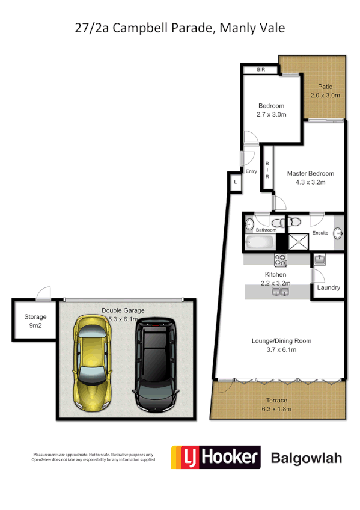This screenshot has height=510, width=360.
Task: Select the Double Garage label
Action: (x=123, y=310)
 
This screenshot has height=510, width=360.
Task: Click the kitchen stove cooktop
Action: (x=281, y=260)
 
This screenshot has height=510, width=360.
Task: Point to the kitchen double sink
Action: (x=281, y=292)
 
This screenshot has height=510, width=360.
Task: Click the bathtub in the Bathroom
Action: (x=260, y=244)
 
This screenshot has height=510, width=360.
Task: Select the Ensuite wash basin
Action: (x=338, y=232)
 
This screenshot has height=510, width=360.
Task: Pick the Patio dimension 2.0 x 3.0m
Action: (x=325, y=96)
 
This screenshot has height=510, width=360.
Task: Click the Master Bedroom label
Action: (x=310, y=174)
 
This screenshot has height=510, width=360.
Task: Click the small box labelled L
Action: (x=235, y=182)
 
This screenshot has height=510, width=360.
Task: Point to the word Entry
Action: (x=251, y=171)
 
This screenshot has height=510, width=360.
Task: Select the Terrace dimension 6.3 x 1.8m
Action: (x=278, y=409)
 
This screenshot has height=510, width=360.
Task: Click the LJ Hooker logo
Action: (x=216, y=458)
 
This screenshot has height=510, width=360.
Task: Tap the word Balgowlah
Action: (x=307, y=458)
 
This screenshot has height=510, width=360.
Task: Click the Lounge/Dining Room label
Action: (x=281, y=341)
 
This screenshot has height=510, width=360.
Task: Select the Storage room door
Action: (x=43, y=295)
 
